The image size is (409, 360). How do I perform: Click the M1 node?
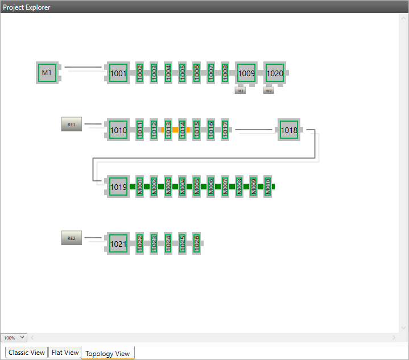[x=47, y=73]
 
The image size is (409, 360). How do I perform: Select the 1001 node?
[x=118, y=73]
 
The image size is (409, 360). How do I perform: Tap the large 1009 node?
[x=246, y=73]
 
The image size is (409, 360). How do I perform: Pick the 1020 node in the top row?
[x=275, y=73]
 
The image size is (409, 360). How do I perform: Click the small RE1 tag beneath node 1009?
[x=240, y=90]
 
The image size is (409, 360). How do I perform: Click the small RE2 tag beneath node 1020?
[x=268, y=90]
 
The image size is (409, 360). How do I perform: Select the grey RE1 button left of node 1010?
[x=72, y=125]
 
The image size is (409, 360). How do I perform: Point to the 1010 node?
[x=118, y=130]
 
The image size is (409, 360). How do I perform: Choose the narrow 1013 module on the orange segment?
[x=168, y=130]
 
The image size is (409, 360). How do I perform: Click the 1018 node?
[x=289, y=130]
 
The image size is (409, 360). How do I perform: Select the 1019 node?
[x=118, y=187]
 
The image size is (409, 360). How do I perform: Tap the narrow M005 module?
[x=196, y=187]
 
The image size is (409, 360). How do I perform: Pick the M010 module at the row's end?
[x=267, y=187]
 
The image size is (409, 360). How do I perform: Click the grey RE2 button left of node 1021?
[x=72, y=238]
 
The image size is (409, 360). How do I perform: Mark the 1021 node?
[x=118, y=243]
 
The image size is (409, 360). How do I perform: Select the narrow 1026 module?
[x=196, y=243]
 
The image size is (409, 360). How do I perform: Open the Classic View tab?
[x=26, y=353]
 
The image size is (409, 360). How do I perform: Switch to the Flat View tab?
[x=65, y=353]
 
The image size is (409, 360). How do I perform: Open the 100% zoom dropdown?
[x=14, y=338]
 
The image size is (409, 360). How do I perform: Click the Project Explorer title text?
[x=27, y=7]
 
